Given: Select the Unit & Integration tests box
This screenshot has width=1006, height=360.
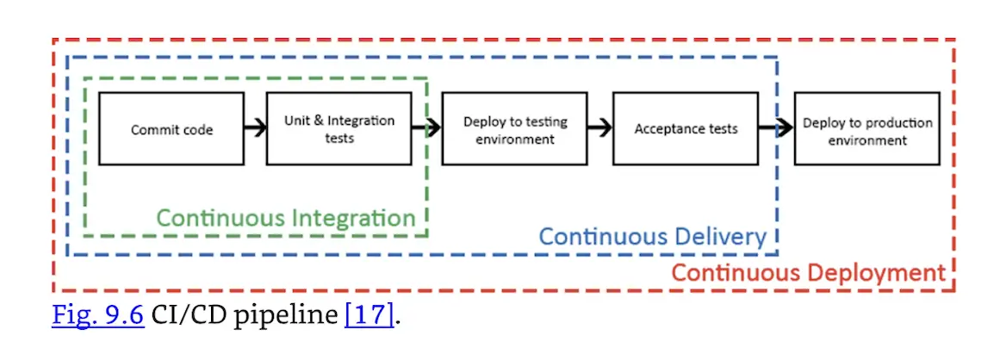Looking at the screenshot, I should pyautogui.click(x=338, y=129).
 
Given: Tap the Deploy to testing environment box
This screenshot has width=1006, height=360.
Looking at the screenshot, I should pyautogui.click(x=515, y=129).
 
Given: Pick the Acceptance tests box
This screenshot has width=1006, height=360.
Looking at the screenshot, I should pyautogui.click(x=686, y=129).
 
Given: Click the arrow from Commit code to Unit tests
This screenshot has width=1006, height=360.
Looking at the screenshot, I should pyautogui.click(x=254, y=129).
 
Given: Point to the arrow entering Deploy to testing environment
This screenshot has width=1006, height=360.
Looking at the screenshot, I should pyautogui.click(x=426, y=129).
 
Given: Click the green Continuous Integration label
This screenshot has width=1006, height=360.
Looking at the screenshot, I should pyautogui.click(x=285, y=218).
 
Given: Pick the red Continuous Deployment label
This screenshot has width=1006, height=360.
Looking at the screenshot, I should pyautogui.click(x=808, y=274).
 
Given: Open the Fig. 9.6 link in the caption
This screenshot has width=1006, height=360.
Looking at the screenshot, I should pyautogui.click(x=97, y=314).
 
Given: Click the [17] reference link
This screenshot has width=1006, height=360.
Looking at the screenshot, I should pyautogui.click(x=369, y=314).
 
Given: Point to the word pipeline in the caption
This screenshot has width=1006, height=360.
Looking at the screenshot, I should pyautogui.click(x=289, y=315).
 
